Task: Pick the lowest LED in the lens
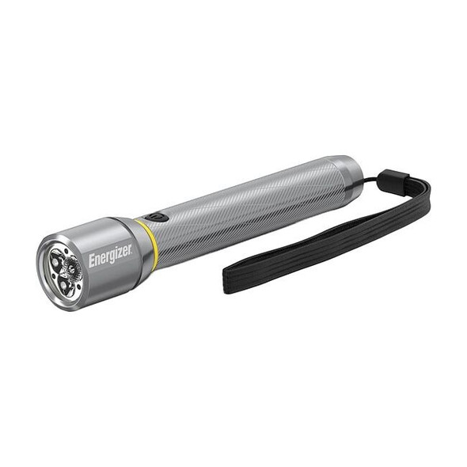(65, 287)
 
